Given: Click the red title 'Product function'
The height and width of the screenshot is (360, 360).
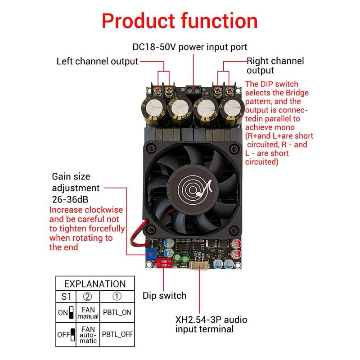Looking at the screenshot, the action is (180, 21).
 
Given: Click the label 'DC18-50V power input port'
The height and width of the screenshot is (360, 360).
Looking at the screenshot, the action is (190, 47).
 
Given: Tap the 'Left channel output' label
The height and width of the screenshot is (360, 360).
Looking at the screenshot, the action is (97, 62).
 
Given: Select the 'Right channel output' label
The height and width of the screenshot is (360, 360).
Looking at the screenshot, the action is (275, 66).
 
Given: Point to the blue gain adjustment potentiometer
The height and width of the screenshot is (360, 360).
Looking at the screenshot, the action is (151, 254).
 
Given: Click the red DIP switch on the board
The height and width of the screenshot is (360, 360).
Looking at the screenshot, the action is (164, 263).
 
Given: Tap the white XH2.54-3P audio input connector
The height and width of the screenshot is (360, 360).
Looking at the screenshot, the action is (199, 265).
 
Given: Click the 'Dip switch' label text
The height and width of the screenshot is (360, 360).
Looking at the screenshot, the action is (164, 296).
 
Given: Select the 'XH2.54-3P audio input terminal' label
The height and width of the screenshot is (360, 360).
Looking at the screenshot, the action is (211, 324).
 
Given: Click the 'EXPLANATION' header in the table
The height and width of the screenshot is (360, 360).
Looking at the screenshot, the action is (95, 284).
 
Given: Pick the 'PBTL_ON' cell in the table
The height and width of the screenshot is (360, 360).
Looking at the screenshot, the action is (117, 312).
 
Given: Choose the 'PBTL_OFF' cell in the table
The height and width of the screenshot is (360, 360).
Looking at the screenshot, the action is (117, 334).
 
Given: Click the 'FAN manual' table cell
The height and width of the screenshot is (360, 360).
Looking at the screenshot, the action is (88, 313).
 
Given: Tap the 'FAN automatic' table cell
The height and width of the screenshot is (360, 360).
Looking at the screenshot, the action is (88, 335).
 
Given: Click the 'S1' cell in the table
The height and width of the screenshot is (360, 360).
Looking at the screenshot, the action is (66, 297).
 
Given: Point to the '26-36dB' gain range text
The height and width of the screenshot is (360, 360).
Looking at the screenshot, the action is (70, 199).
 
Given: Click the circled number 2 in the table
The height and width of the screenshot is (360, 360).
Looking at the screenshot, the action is (87, 297).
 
